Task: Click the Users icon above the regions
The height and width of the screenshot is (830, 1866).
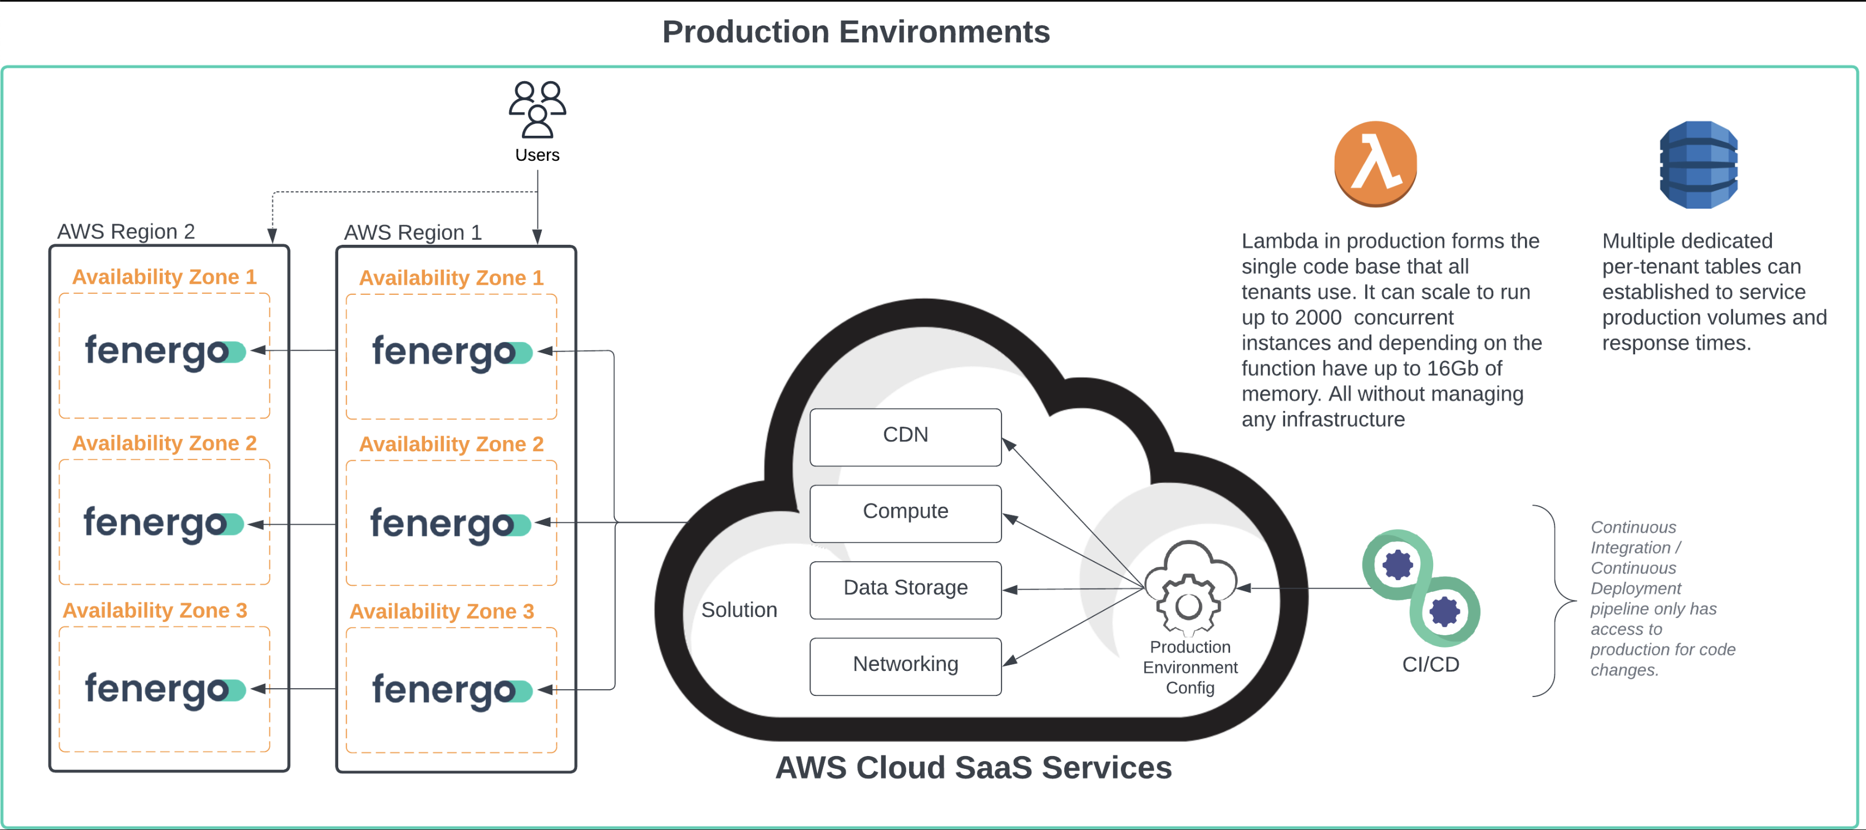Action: tap(537, 110)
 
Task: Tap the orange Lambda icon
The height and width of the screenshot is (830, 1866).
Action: tap(1375, 164)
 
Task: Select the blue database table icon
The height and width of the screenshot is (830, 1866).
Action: tap(1698, 165)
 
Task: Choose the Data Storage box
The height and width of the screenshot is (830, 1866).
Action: tap(905, 589)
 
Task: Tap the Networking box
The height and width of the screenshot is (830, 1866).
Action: tap(905, 665)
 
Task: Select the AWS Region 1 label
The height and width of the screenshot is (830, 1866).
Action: tap(412, 233)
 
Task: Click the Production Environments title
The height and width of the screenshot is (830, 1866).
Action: tap(856, 32)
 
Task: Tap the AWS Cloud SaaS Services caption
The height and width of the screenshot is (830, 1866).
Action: tap(973, 767)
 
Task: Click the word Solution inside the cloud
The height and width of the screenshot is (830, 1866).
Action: tap(738, 610)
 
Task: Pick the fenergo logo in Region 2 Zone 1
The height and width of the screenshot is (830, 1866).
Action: tap(165, 352)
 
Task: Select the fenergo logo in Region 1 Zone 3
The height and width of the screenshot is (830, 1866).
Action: tap(451, 690)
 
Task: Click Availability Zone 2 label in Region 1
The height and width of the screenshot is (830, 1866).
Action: tap(451, 444)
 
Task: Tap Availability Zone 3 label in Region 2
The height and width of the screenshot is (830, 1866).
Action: tap(154, 611)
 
